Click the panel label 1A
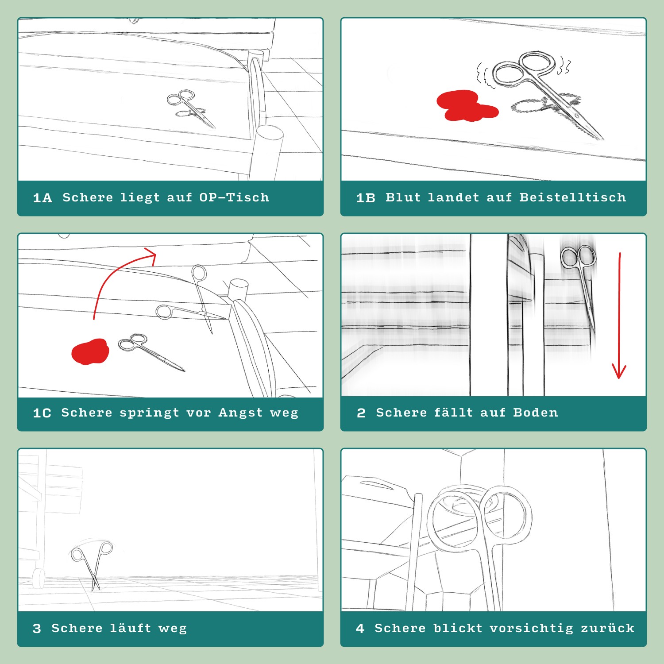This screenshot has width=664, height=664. [x=42, y=198]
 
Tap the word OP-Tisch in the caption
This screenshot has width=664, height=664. [x=234, y=197]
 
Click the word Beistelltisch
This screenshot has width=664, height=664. [x=573, y=197]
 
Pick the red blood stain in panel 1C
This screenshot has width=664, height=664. [x=90, y=351]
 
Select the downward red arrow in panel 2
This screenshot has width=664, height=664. [x=619, y=315]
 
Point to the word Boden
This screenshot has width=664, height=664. [x=536, y=413]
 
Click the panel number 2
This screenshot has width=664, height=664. [x=361, y=413]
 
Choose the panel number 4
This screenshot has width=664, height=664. [x=360, y=629]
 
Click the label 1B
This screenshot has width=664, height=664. [x=366, y=198]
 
